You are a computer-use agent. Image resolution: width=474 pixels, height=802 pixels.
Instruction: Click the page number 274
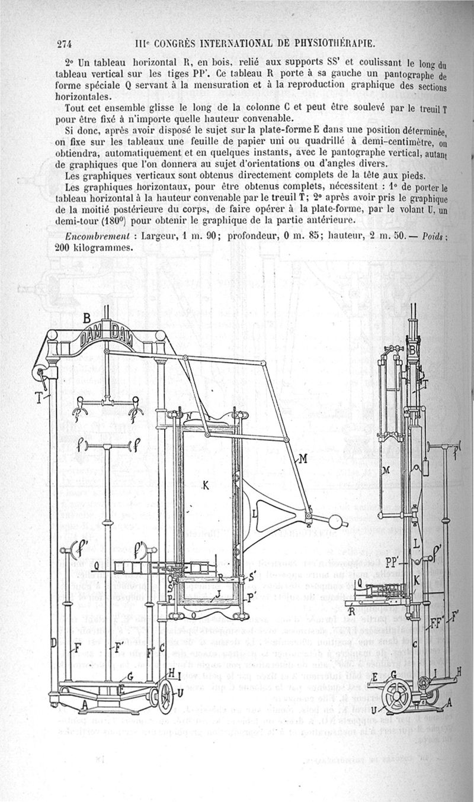coord(64,43)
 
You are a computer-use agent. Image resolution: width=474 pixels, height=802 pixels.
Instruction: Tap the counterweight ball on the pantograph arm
coord(336,523)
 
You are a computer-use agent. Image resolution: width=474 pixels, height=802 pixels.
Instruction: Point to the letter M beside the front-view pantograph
coord(302,458)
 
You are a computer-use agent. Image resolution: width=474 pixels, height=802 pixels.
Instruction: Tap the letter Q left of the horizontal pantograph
coord(97,566)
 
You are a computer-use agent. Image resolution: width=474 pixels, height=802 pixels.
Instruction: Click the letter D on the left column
coord(53,643)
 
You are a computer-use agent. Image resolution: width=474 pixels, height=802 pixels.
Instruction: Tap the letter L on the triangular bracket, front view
coord(254,513)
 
